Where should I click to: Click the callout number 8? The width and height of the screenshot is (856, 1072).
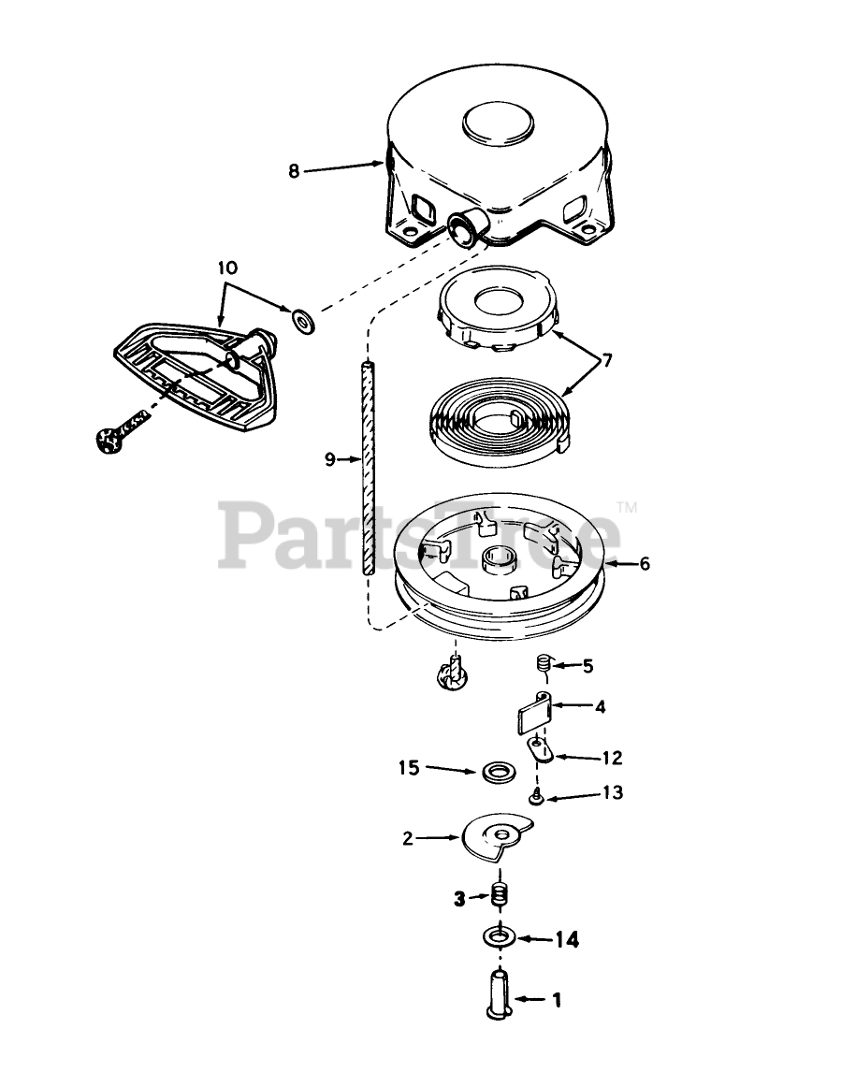[294, 171]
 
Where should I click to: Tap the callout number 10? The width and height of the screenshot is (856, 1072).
[227, 268]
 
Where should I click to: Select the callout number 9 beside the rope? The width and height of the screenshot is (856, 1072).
[328, 459]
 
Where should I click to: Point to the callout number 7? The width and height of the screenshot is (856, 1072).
[607, 359]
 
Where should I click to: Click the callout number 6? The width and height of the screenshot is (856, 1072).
[645, 564]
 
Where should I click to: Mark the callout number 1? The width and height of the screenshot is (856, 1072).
[556, 1000]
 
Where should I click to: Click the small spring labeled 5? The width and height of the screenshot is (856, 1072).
[542, 665]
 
